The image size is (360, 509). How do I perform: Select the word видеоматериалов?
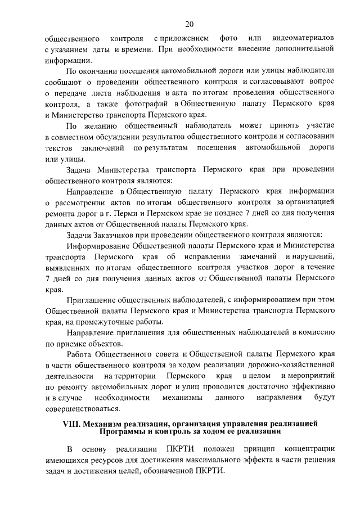tap(304, 39)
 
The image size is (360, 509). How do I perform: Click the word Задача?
tap(79, 169)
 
